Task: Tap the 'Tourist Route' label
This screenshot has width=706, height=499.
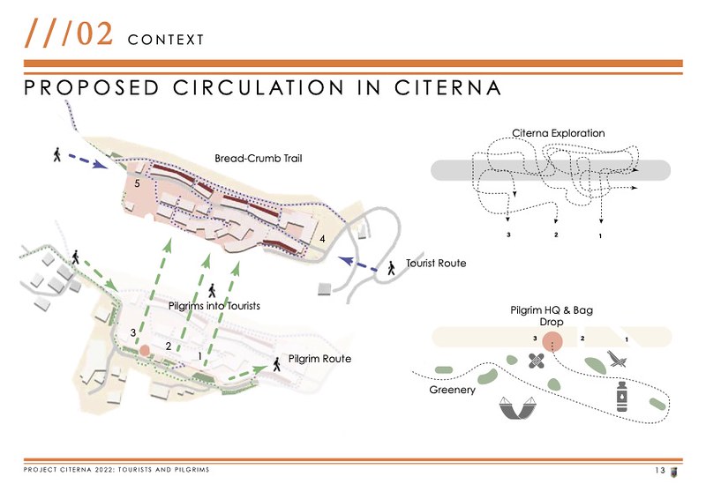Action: tap(435, 264)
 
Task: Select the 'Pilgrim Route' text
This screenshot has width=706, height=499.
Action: tap(319, 359)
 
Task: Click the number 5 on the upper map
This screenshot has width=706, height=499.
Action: tap(137, 183)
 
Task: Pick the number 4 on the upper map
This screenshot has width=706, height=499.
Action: tap(323, 239)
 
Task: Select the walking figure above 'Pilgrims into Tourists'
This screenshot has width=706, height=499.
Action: tap(212, 289)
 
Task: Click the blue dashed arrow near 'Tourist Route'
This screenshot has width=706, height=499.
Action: tap(357, 263)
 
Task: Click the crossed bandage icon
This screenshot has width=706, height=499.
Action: tap(537, 361)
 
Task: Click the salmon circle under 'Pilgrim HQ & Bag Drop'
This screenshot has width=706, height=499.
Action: tap(553, 341)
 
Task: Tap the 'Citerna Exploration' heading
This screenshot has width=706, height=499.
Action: tap(559, 133)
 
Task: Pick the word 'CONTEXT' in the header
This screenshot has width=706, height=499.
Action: tap(165, 40)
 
